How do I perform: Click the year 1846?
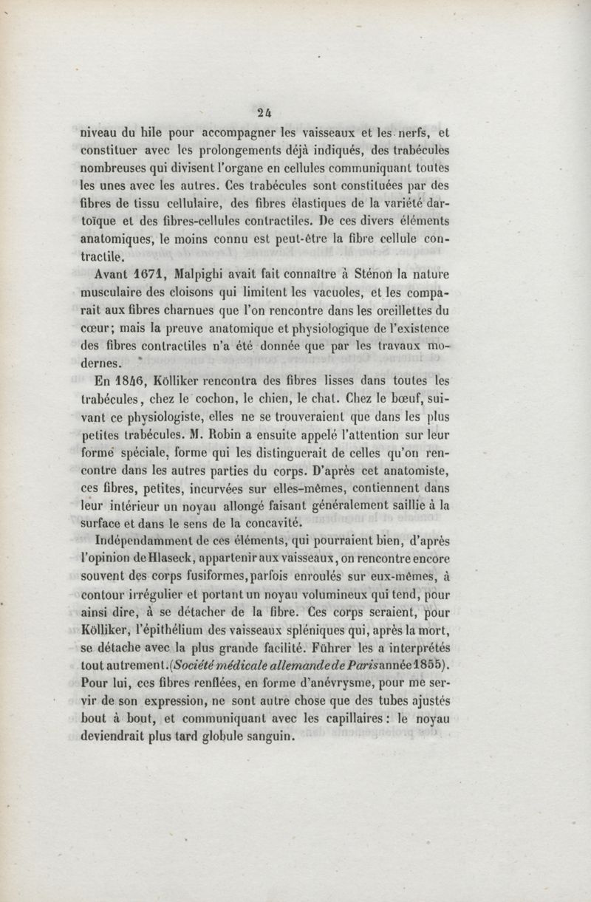(x=133, y=382)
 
